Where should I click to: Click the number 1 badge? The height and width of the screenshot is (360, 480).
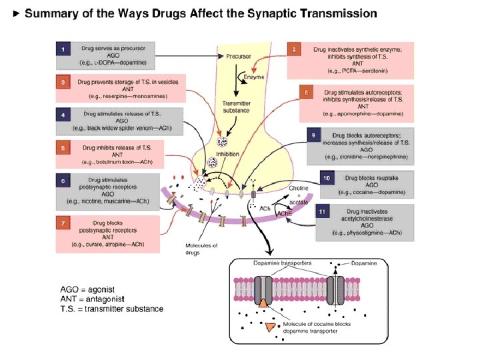coord(63,49)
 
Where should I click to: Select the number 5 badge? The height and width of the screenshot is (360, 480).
coord(63,147)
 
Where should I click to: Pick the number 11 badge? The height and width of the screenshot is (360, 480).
coord(323,212)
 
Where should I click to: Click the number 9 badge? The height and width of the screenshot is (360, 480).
coord(313,135)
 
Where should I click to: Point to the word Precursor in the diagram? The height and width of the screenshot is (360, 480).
coord(238,57)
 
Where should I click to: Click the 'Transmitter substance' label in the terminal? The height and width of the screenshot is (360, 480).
coord(236,107)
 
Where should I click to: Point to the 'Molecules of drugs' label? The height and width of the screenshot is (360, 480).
coord(201,249)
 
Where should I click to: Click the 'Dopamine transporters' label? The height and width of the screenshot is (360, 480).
coord(282,263)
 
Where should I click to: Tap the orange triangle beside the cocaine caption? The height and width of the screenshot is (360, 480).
coord(270,327)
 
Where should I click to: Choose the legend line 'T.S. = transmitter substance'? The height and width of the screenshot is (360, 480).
coord(111,308)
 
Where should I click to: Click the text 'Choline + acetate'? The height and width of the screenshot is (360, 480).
coord(298,196)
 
